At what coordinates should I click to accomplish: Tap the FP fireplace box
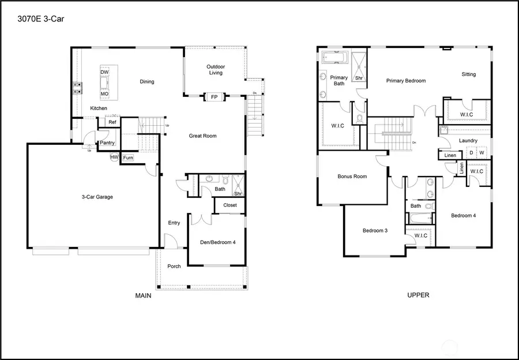[214, 97]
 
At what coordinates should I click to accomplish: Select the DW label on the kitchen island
[104, 72]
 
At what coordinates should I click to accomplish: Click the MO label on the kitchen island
[104, 93]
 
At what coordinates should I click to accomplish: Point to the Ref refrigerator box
[112, 122]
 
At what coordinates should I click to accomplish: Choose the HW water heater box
[114, 157]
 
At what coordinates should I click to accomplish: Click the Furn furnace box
[127, 157]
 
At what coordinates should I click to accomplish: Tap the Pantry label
[107, 143]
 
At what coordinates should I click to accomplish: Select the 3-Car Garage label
[97, 197]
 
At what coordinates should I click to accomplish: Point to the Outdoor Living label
[215, 70]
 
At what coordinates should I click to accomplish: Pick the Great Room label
[202, 136]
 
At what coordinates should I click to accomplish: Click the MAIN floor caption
[143, 295]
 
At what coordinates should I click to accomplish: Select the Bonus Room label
[352, 177]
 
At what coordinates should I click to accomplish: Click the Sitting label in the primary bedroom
[468, 74]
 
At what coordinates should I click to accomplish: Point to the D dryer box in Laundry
[471, 153]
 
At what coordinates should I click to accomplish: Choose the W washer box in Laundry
[482, 153]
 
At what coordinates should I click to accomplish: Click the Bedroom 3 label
[375, 231]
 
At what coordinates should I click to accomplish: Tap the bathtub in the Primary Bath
[334, 58]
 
